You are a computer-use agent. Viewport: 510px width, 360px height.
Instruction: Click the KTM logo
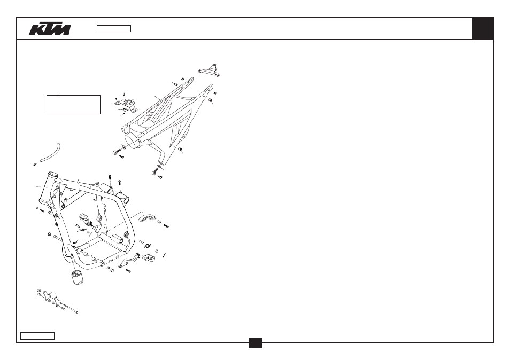coord(50,29)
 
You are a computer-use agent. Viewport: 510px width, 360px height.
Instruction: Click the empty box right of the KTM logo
coord(114,29)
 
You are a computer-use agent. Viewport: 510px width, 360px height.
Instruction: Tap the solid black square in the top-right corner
coord(483,29)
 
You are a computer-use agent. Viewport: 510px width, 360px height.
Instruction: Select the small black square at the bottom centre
coord(256,343)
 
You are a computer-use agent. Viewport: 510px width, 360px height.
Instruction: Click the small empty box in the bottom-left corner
coord(37,336)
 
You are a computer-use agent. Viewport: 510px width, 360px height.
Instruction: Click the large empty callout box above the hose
coord(74,105)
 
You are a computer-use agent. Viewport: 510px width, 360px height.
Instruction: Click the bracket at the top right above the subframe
coord(209,71)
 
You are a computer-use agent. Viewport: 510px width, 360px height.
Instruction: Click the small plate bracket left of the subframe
coord(126,105)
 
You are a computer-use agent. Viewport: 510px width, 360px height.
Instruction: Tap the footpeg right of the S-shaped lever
coord(148,258)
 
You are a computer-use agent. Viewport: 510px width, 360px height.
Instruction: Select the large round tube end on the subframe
coord(132,140)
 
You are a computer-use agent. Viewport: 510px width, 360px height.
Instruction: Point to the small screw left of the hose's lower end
coord(35,164)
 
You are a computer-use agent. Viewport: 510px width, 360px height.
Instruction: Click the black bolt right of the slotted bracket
coord(166,225)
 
